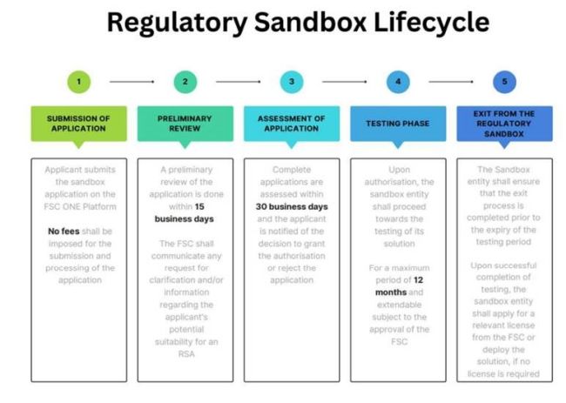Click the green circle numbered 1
click(78, 83)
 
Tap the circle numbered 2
click(185, 83)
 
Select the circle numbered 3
click(292, 83)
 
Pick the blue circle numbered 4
click(398, 83)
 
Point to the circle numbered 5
click(504, 83)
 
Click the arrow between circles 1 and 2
click(131, 83)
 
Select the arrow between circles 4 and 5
click(451, 83)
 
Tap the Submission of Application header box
click(78, 123)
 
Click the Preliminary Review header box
click(185, 123)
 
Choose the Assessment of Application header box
click(292, 123)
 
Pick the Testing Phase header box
click(398, 123)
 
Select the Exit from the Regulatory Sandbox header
click(504, 123)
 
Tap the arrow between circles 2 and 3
click(238, 83)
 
